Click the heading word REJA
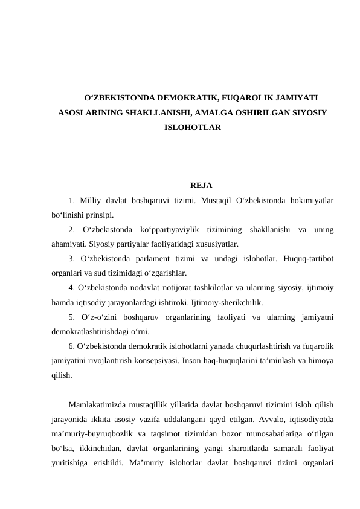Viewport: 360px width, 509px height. point(201,185)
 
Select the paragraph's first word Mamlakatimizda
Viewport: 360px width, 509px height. point(98,404)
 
